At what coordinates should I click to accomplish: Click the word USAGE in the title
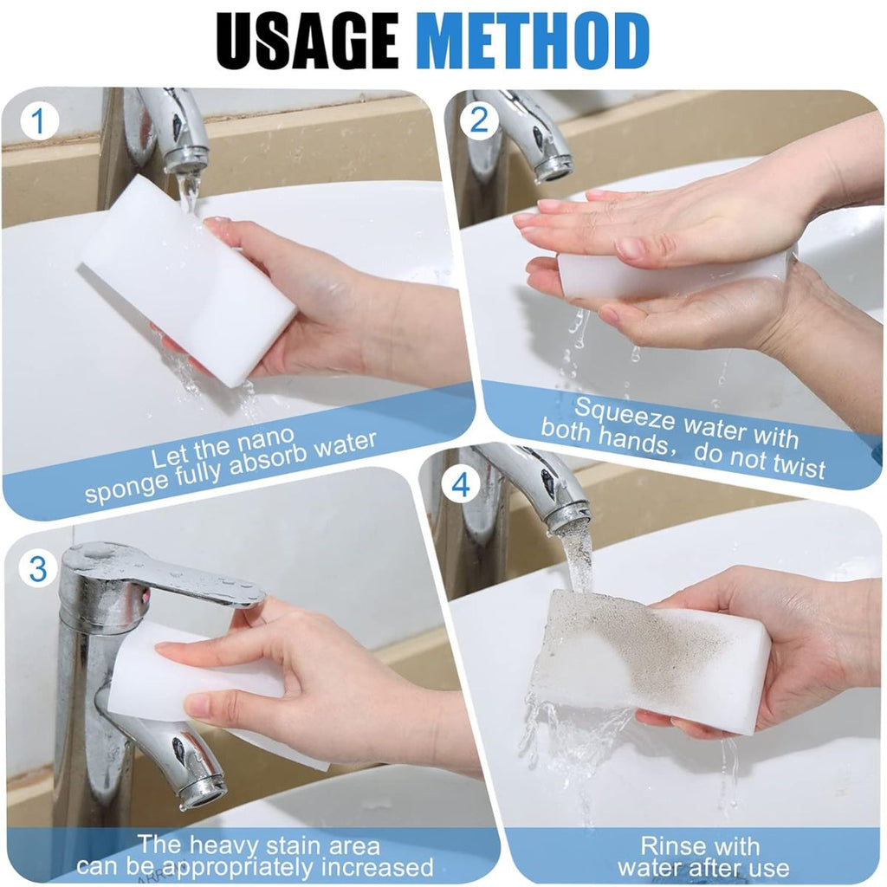point(308,40)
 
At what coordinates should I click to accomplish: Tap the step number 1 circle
point(38,121)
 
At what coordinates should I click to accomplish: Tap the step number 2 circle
point(479,120)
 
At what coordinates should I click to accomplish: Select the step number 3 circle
point(38,568)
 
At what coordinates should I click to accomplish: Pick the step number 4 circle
point(461,485)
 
